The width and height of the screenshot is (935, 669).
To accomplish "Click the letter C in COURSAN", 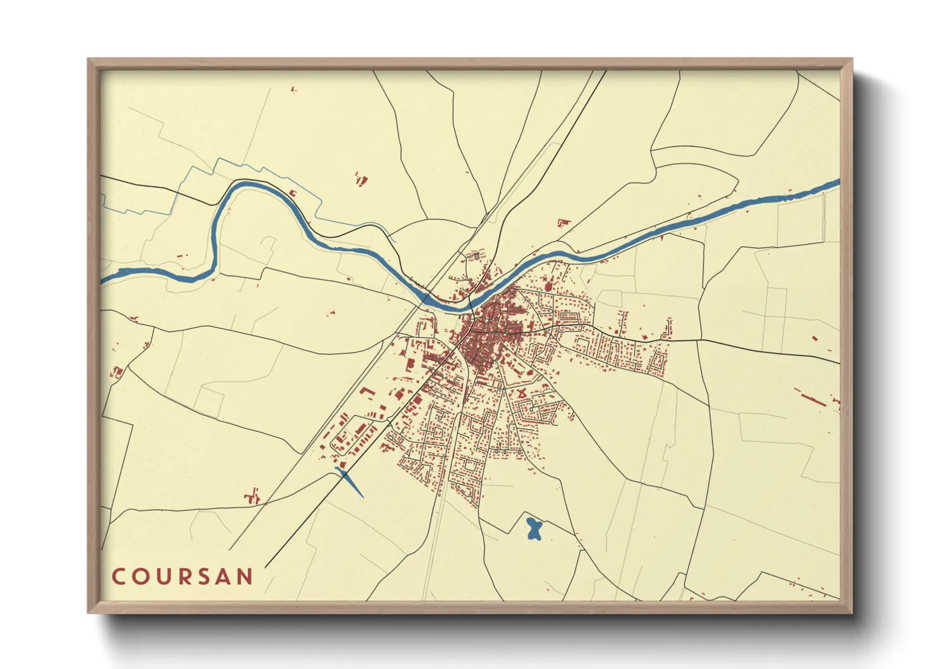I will tap(118, 577).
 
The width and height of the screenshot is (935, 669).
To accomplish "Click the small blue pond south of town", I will tap(534, 529).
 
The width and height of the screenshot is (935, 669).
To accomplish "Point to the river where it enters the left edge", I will tap(106, 278).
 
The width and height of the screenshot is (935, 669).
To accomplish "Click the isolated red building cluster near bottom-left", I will tap(253, 496).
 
